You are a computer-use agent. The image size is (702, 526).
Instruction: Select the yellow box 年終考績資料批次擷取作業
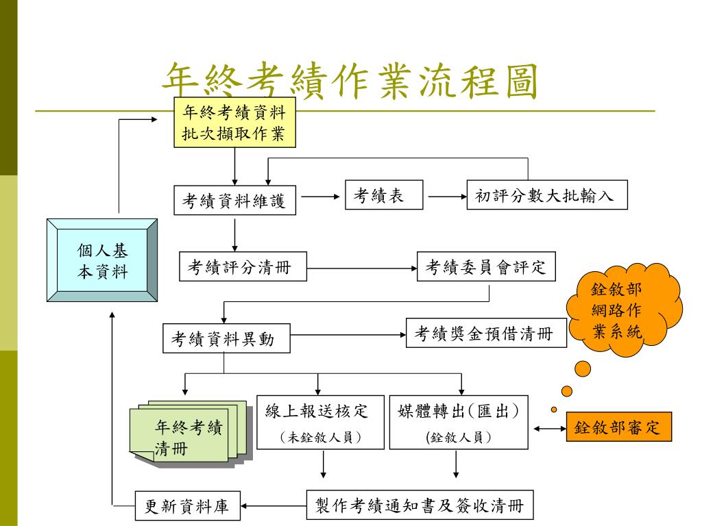coord(234,122)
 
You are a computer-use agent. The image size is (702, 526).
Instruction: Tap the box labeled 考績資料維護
coord(234,201)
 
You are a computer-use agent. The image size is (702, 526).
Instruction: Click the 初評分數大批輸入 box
coord(546,197)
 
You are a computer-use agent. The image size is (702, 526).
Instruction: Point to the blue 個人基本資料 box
coord(102,261)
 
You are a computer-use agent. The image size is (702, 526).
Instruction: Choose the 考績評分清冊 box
coord(243,268)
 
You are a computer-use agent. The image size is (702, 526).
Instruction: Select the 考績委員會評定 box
coord(488,268)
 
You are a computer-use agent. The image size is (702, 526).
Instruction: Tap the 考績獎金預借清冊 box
coord(487,334)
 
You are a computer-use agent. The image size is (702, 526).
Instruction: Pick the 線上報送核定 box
coord(320,422)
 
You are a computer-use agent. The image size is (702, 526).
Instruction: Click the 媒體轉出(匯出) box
coord(459,422)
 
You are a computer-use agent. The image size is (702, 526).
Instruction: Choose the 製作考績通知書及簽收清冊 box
coord(419,506)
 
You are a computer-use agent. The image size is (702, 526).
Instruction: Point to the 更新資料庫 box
coord(186,507)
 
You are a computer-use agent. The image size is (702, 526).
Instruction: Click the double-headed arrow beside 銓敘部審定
coord(548,428)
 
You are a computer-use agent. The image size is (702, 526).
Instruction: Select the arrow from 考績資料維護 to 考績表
coord(321,197)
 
